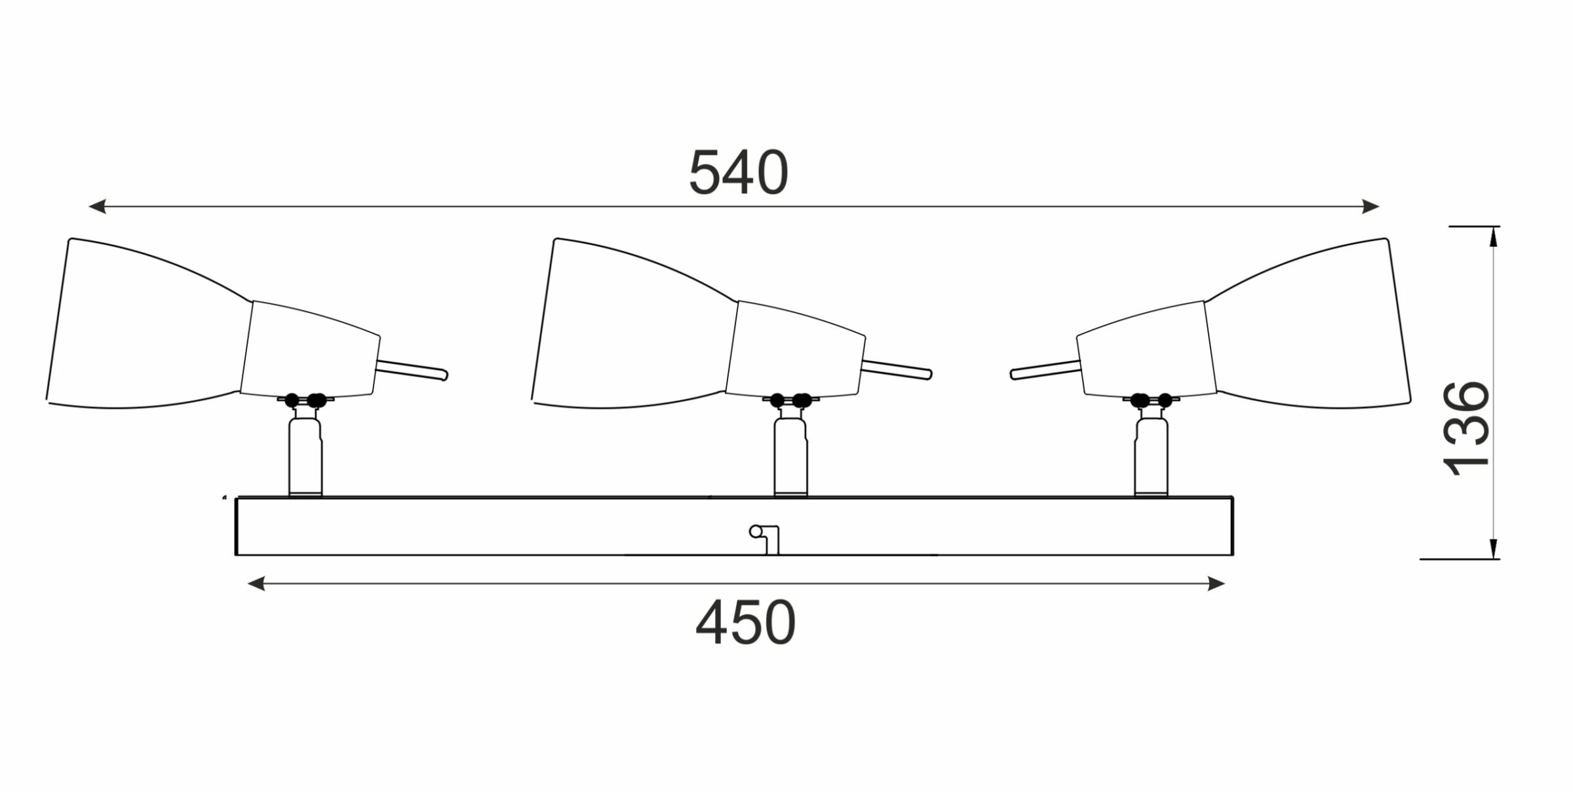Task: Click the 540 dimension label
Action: pos(739,173)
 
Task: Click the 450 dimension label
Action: pos(745,624)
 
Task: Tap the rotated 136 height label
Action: pos(1467,428)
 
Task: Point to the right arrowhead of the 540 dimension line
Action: pos(1370,207)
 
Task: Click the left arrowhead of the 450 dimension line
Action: pos(256,584)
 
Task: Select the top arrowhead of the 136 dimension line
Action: pos(1494,236)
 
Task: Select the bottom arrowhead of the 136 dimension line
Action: pos(1494,549)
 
